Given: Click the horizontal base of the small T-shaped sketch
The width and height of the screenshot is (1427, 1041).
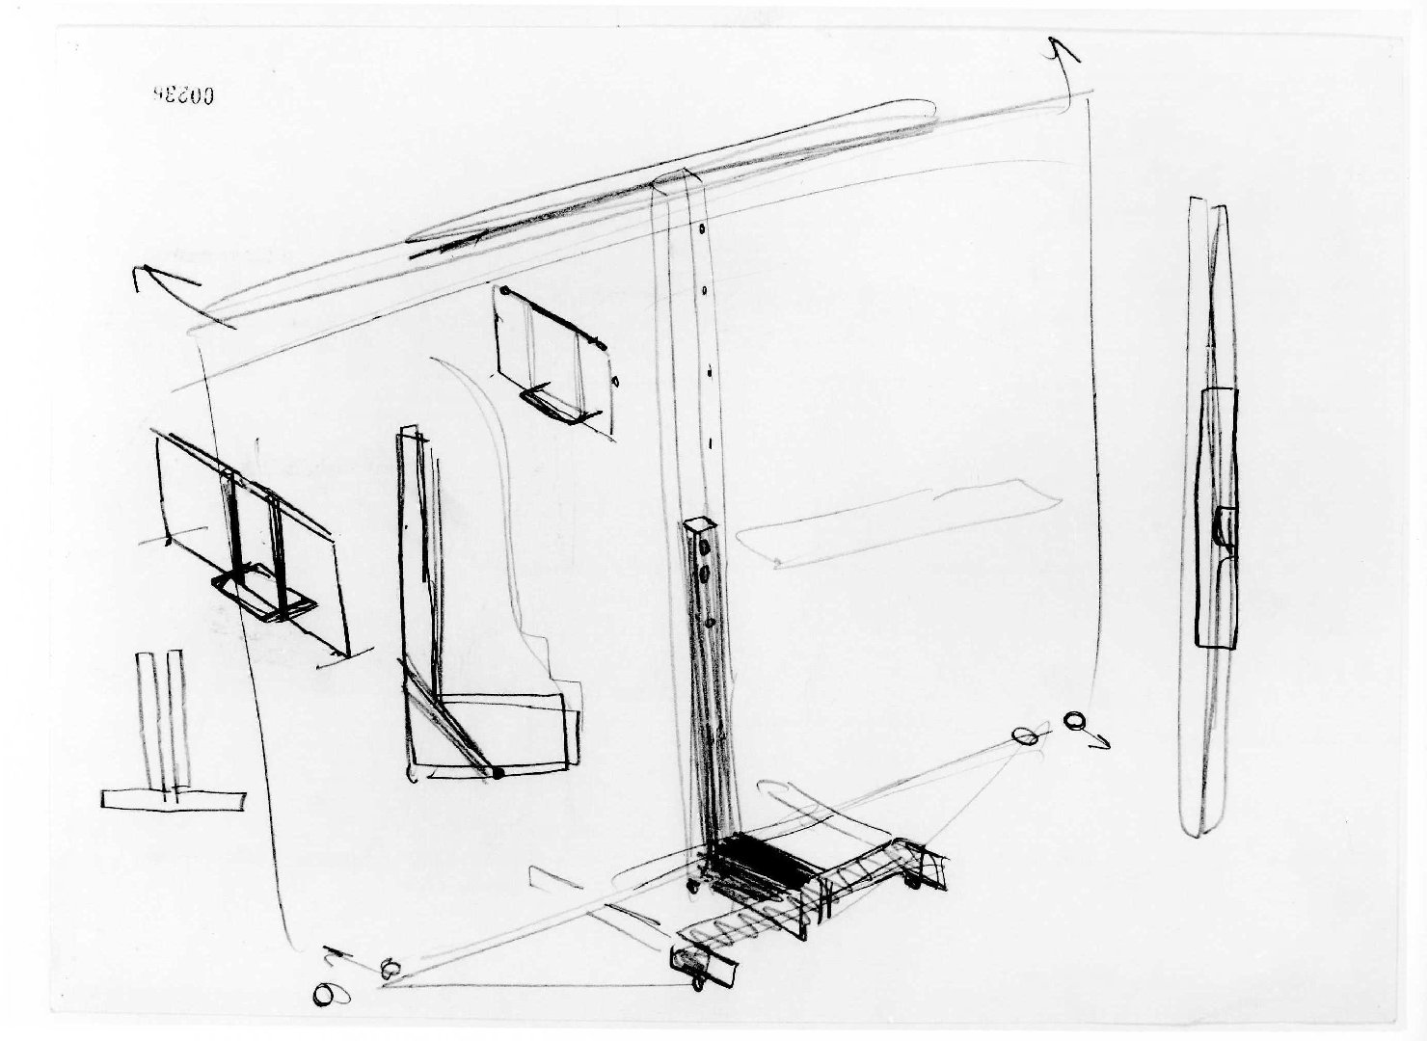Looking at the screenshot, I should tap(172, 800).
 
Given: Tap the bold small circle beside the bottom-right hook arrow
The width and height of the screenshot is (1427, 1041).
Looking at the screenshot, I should tap(1074, 721).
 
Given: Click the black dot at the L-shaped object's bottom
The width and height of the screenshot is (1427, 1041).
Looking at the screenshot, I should tap(498, 772).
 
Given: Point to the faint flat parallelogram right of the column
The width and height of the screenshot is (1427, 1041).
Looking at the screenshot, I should tap(902, 525).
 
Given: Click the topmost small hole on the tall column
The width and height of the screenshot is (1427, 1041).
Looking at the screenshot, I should tap(701, 231).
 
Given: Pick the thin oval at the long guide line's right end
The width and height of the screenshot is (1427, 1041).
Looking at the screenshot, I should tap(1025, 736).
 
